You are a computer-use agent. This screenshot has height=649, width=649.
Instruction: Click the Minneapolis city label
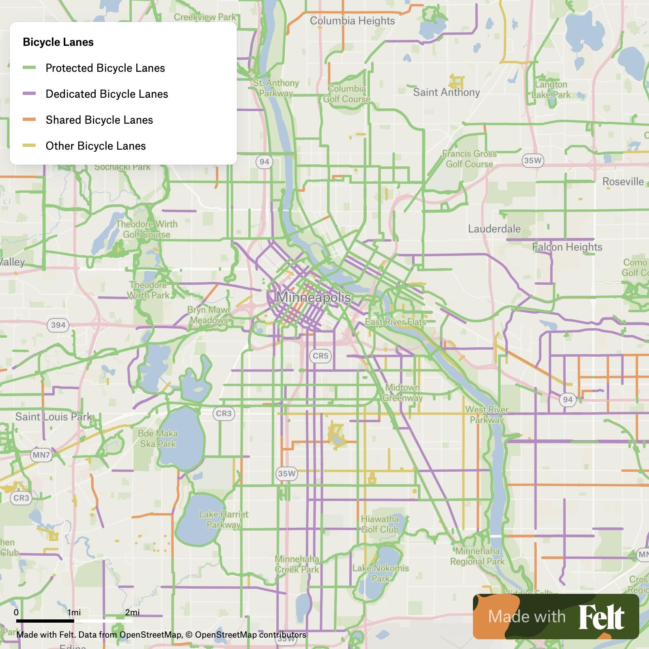314,297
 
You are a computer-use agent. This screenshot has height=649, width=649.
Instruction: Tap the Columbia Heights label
352,21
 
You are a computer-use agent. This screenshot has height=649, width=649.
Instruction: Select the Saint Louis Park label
54,417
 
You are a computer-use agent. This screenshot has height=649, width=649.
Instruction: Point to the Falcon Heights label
567,247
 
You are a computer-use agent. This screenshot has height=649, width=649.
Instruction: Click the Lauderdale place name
494,229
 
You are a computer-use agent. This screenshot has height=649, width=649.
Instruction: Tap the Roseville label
623,181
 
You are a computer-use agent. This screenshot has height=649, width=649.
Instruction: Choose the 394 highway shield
58,325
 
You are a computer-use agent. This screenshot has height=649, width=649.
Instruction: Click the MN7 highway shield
41,455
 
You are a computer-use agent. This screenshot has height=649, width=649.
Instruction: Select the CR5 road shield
320,356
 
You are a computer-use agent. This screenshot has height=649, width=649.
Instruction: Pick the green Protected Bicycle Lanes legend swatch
29,68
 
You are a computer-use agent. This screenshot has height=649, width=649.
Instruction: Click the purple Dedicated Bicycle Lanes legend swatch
29,94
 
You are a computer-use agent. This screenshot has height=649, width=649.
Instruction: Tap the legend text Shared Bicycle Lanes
99,120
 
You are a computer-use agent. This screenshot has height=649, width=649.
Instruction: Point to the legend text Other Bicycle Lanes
95,146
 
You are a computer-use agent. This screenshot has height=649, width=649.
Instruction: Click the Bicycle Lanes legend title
58,42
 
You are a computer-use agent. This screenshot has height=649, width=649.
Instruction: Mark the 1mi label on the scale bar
74,612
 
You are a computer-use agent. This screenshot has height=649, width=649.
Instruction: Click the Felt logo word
601,617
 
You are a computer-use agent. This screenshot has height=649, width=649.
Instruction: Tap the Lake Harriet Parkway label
223,520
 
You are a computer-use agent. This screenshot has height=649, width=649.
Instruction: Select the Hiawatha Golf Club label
380,524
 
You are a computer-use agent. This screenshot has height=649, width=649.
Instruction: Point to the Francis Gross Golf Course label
469,159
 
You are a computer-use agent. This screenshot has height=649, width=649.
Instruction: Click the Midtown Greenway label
402,393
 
